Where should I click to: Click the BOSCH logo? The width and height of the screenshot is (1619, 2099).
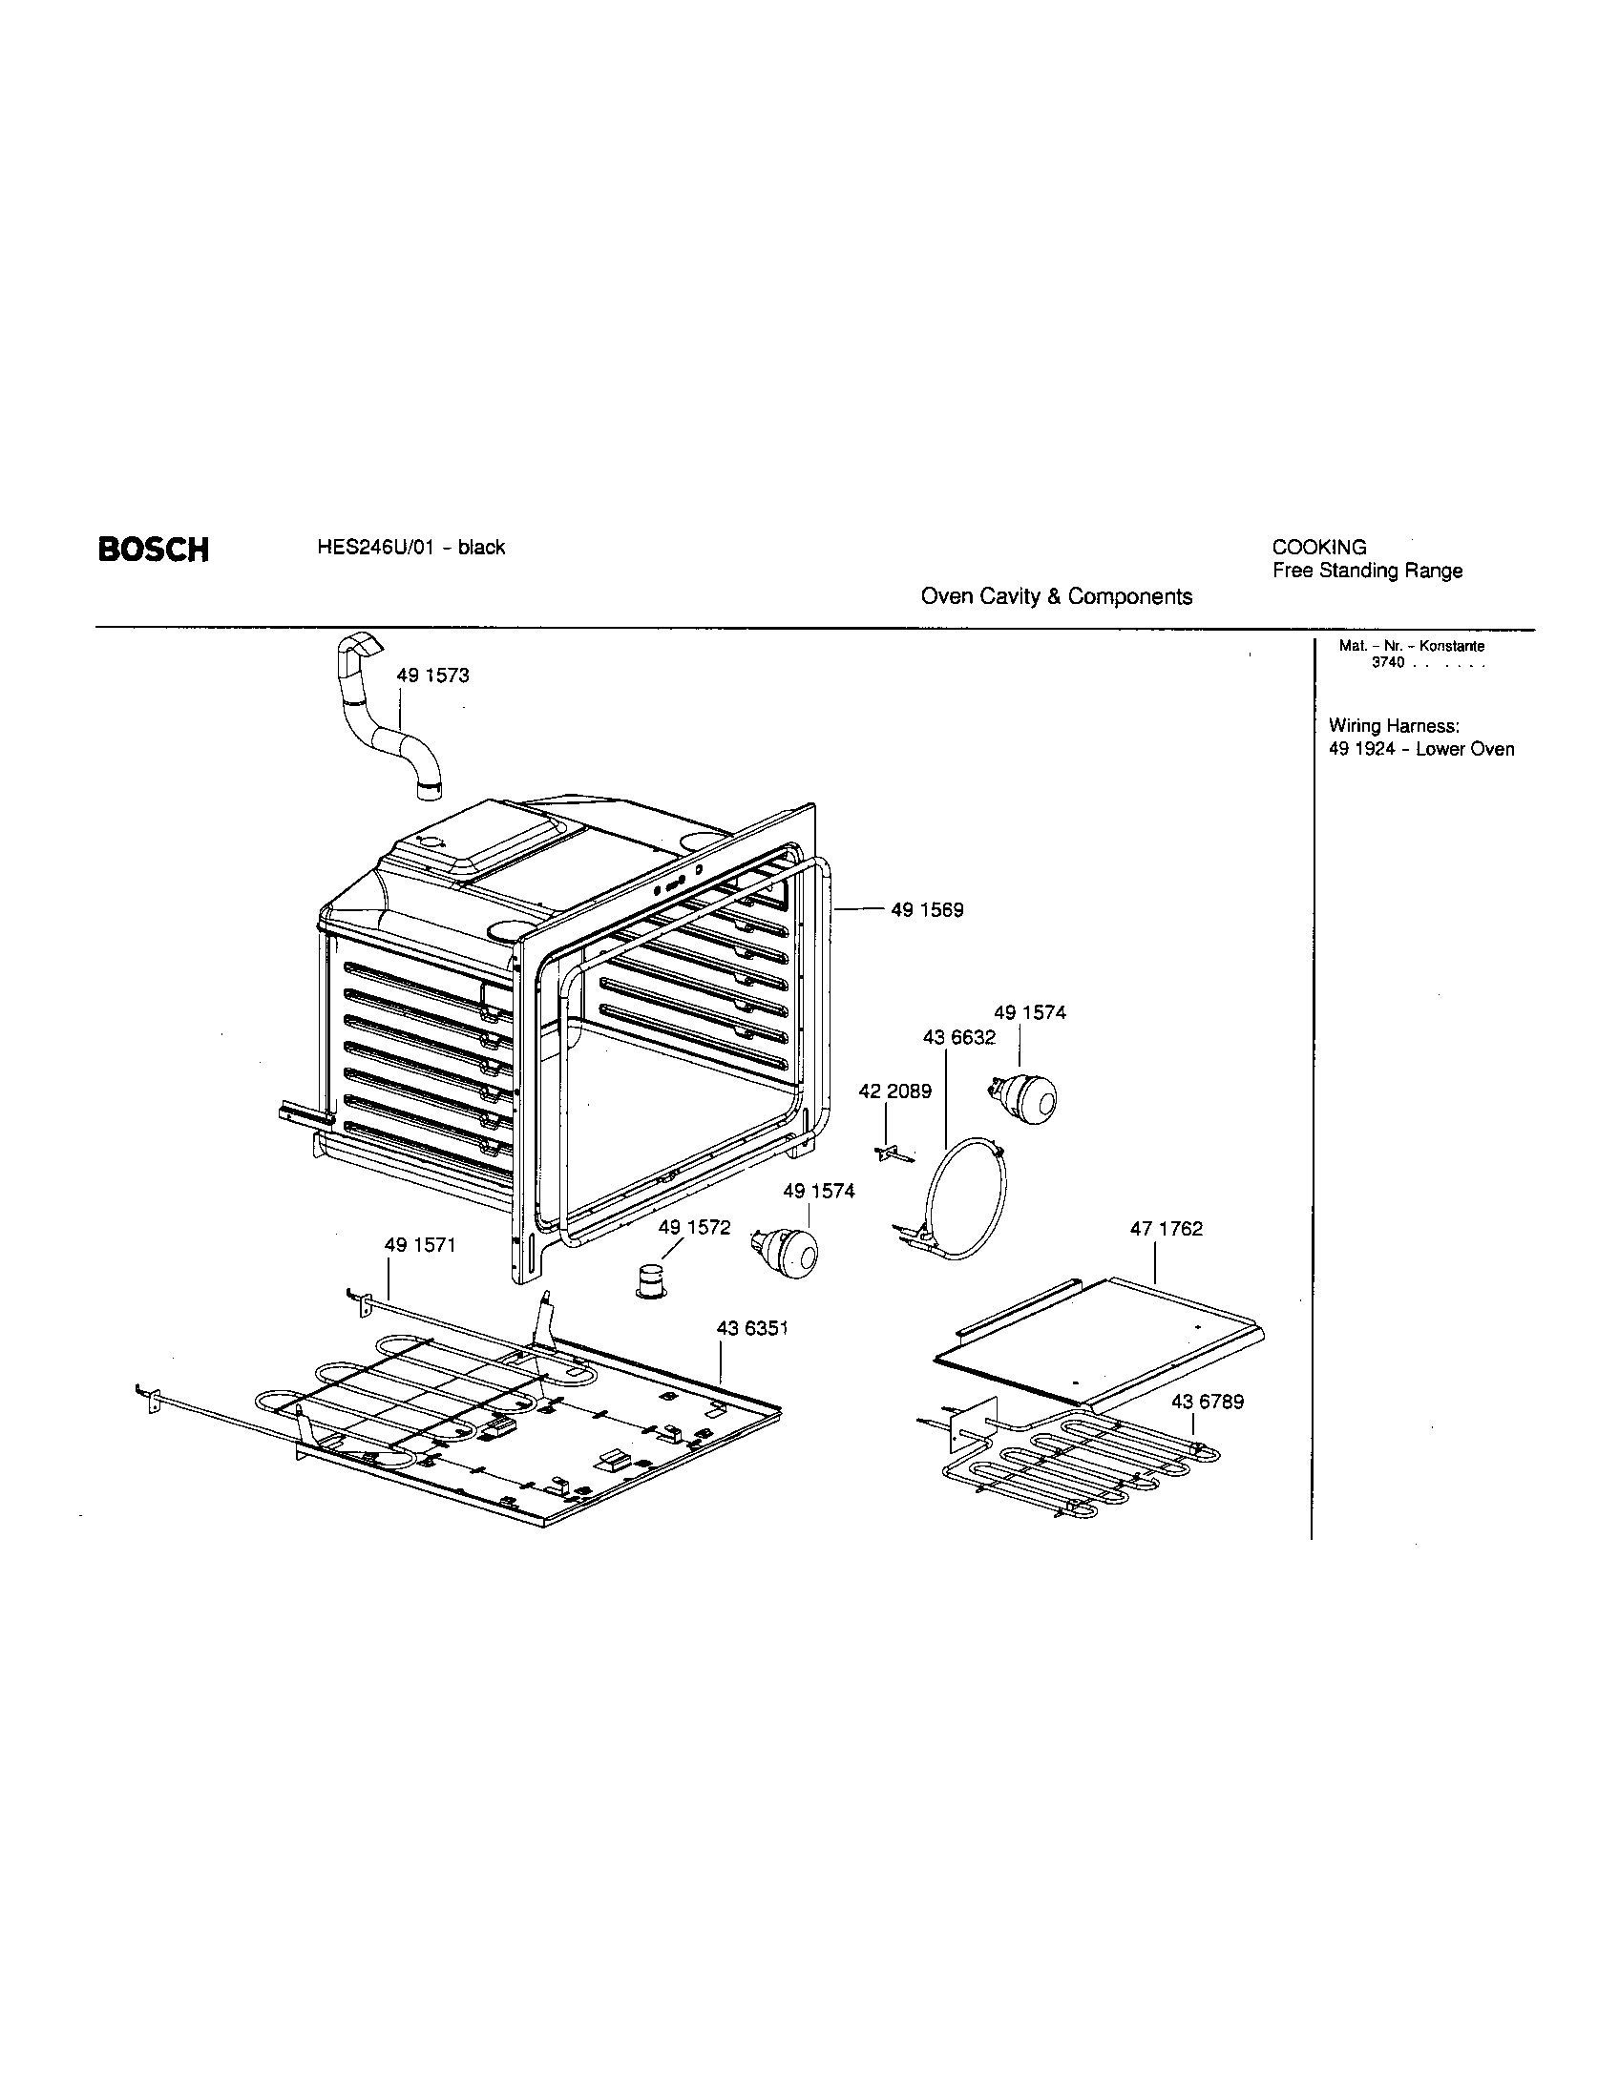[153, 550]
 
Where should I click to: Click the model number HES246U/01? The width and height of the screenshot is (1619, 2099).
[369, 548]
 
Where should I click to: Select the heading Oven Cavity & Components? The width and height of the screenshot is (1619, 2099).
[1056, 597]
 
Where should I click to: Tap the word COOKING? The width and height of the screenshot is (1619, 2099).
[1319, 548]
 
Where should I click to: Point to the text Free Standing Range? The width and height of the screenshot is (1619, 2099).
[1367, 571]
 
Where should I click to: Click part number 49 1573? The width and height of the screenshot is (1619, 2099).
[432, 675]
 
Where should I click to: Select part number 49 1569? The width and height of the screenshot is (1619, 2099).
[927, 909]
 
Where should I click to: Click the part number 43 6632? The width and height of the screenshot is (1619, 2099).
[958, 1038]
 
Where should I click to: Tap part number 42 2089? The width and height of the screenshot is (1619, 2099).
[894, 1091]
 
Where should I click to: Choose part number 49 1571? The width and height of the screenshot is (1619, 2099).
[419, 1245]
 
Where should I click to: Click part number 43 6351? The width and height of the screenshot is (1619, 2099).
[752, 1328]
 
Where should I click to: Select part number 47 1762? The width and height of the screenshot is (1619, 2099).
[1167, 1229]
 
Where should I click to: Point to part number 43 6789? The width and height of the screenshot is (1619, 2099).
[1207, 1403]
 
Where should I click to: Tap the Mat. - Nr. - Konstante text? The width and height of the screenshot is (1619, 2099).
[1411, 647]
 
